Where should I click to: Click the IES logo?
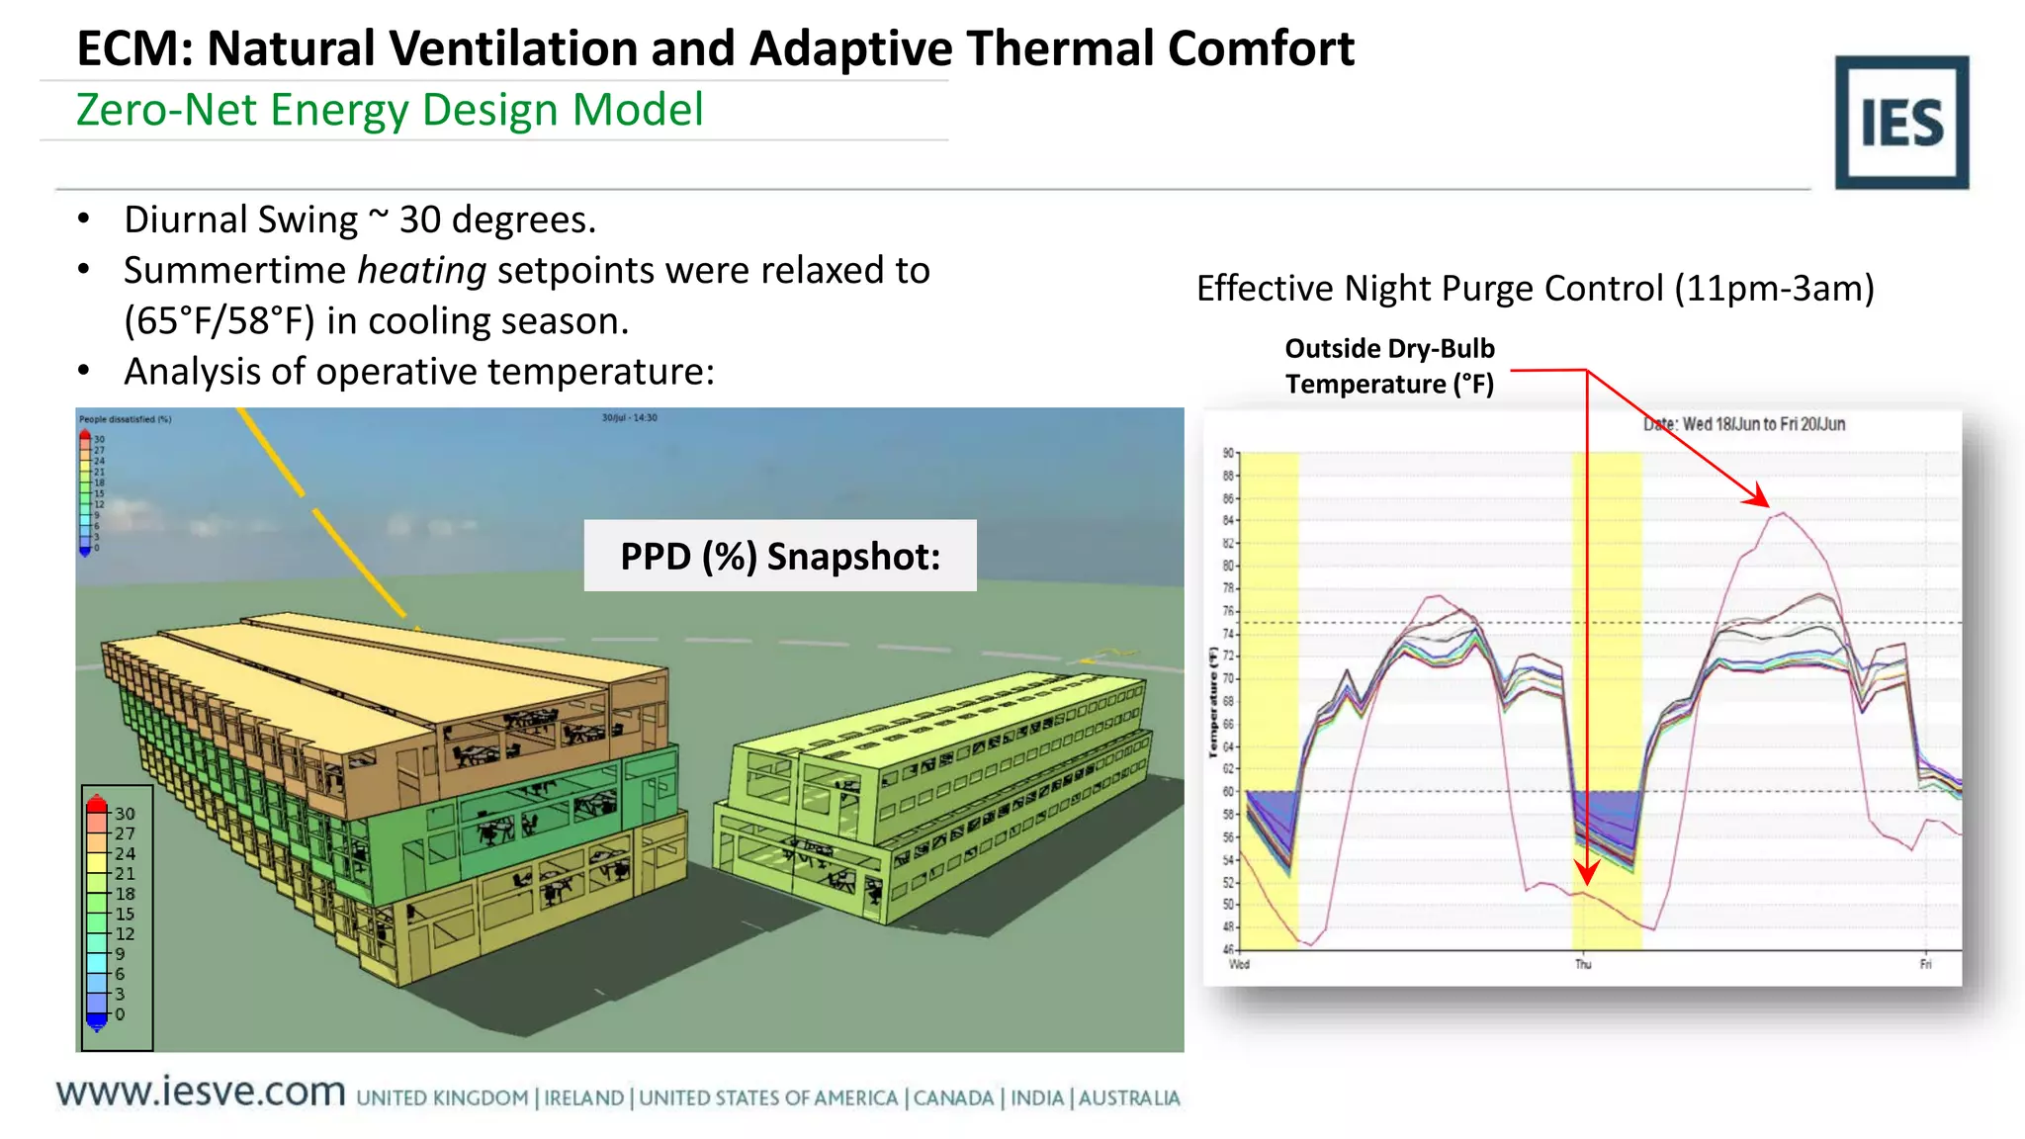pyautogui.click(x=1900, y=122)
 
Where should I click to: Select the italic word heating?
pyautogui.click(x=421, y=270)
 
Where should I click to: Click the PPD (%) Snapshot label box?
pyautogui.click(x=779, y=556)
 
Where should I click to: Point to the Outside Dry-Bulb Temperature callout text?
pyautogui.click(x=1389, y=366)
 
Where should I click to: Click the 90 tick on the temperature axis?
pyautogui.click(x=1228, y=453)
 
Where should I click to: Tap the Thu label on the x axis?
pyautogui.click(x=1583, y=964)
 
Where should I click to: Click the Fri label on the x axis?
pyautogui.click(x=1925, y=964)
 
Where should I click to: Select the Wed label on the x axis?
pyautogui.click(x=1239, y=964)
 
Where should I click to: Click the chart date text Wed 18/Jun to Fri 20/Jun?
pyautogui.click(x=1744, y=424)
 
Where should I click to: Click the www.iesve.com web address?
pyautogui.click(x=201, y=1092)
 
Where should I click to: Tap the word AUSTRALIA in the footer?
pyautogui.click(x=1128, y=1097)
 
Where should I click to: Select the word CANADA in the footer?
pyautogui.click(x=953, y=1097)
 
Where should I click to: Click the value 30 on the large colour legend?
pyautogui.click(x=125, y=814)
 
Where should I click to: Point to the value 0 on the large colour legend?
pyautogui.click(x=120, y=1014)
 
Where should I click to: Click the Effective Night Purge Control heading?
pyautogui.click(x=1535, y=289)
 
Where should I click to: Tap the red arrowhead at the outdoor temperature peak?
pyautogui.click(x=1760, y=497)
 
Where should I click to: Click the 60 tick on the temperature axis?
pyautogui.click(x=1228, y=791)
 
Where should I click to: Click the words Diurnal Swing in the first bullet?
pyautogui.click(x=240, y=219)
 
